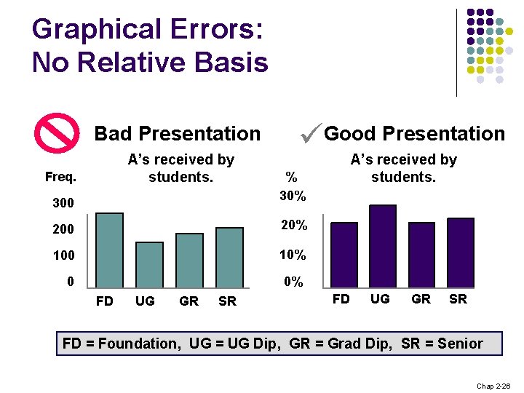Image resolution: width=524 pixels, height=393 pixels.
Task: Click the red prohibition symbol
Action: coord(57,134)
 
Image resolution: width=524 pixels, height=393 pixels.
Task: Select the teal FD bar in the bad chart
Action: coord(109,247)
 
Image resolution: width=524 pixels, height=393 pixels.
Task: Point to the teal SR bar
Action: coord(229,255)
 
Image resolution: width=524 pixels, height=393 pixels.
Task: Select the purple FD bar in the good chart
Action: coord(344,251)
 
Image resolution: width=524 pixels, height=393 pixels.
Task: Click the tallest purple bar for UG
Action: coord(383,243)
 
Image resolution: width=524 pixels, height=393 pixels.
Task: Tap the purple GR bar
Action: coord(421,251)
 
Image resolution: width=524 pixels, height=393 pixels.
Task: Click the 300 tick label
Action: coord(62,203)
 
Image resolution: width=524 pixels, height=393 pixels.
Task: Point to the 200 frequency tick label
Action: coord(62,230)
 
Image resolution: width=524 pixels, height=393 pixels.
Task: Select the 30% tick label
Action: coord(293,196)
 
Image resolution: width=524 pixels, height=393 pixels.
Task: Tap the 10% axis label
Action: coord(293,255)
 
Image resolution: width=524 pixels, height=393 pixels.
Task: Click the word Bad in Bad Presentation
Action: coord(113,134)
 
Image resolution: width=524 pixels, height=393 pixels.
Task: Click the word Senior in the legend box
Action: coord(460,343)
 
